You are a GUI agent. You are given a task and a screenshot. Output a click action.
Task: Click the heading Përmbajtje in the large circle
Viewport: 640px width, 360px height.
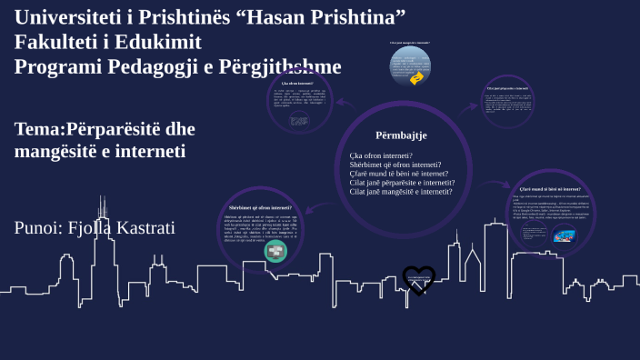[x=401, y=135]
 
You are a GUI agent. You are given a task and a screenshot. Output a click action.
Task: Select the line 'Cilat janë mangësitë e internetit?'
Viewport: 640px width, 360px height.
[x=401, y=192]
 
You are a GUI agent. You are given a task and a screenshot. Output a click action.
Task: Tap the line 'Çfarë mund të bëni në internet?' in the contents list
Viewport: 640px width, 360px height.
[x=398, y=174]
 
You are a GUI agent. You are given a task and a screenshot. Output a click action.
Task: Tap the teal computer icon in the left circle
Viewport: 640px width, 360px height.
[x=275, y=250]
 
